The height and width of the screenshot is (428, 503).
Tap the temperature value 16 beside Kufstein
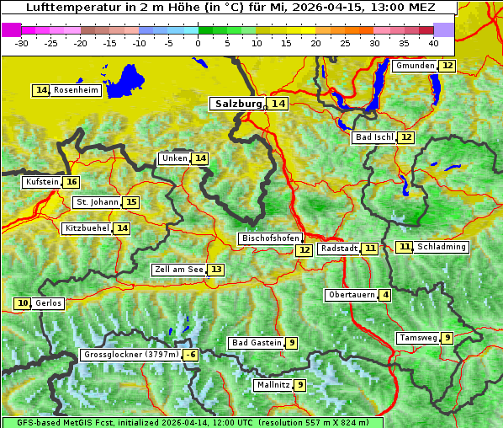tap(71, 182)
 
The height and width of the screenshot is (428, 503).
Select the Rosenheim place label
tap(76, 90)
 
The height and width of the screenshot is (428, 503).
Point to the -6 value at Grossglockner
tap(191, 356)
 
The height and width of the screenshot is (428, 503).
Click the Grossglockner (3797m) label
tap(131, 356)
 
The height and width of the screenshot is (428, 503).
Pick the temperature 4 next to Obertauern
tap(384, 295)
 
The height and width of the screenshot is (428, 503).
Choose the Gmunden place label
tap(415, 66)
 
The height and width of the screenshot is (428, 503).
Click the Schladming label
tap(442, 247)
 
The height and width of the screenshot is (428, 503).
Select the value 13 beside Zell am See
tap(216, 270)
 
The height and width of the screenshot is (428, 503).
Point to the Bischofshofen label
tap(270, 239)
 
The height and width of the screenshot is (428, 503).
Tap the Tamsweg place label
tap(418, 338)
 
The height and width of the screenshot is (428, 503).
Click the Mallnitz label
tap(273, 385)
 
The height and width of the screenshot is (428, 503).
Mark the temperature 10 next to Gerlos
tap(23, 303)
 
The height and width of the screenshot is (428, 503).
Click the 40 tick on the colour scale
tap(433, 42)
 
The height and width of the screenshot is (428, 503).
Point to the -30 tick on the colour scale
tap(22, 42)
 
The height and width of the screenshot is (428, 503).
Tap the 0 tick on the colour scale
tap(198, 42)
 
